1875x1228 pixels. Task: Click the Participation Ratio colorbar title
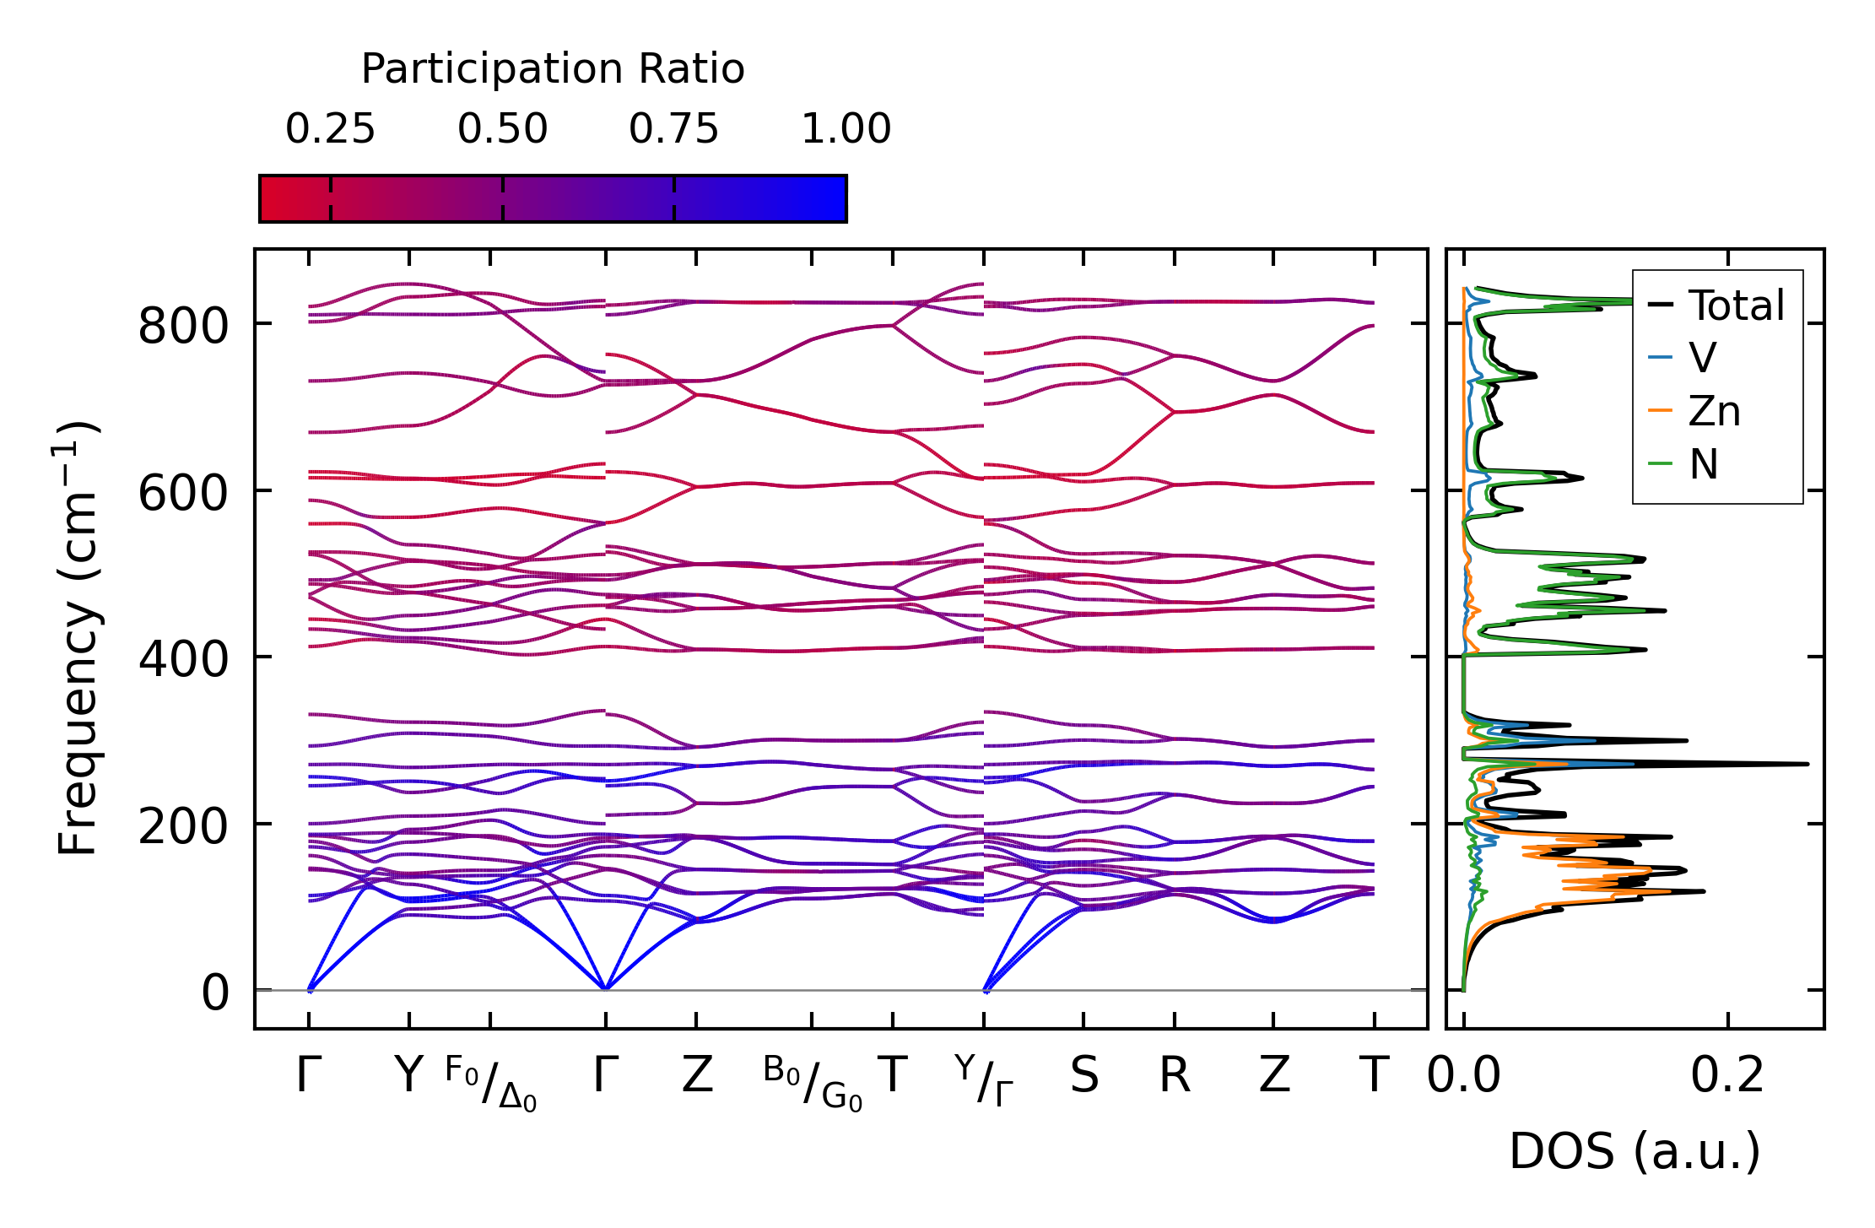tap(553, 69)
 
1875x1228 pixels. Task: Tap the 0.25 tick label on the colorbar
tap(330, 129)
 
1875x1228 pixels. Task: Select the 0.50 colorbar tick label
tap(502, 129)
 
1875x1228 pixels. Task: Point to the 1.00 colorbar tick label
tap(846, 129)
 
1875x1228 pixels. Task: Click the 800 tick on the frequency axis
tap(183, 326)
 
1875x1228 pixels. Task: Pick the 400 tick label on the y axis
tap(183, 659)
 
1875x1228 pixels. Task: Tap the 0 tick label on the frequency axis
tap(214, 993)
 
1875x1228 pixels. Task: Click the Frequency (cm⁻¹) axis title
tap(78, 639)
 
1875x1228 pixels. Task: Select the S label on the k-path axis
tap(1083, 1075)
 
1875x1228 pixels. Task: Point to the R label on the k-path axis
tap(1174, 1075)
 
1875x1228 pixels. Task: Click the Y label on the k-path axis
tap(408, 1075)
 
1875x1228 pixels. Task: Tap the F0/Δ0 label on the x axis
tap(490, 1084)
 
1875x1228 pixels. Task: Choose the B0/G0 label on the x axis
tap(812, 1084)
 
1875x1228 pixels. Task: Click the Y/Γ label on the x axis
tap(984, 1080)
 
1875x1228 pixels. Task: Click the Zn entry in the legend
tap(1714, 412)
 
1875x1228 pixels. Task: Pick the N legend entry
tap(1704, 464)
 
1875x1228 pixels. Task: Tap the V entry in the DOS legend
tap(1702, 358)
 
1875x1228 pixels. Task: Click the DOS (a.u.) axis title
tap(1635, 1151)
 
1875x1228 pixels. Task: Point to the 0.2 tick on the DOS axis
tap(1727, 1075)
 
